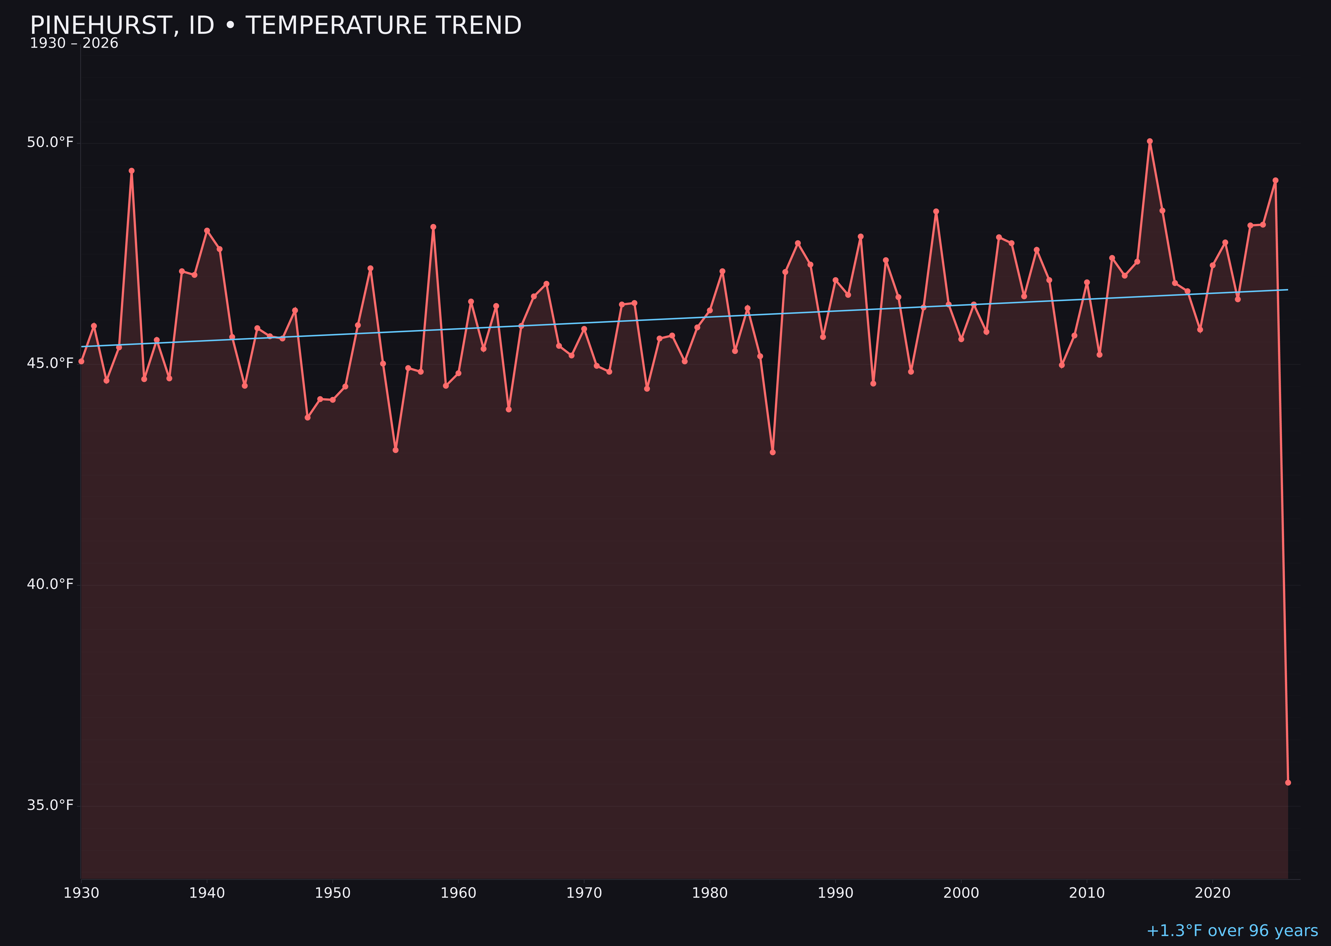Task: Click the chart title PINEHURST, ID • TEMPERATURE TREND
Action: coord(276,26)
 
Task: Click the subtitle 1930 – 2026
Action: coord(74,44)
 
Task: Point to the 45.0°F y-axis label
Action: coord(50,364)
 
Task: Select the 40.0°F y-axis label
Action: coord(50,584)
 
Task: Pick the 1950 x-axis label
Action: coord(333,893)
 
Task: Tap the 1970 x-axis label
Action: coord(584,893)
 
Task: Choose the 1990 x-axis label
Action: coord(836,893)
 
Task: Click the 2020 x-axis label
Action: coord(1213,893)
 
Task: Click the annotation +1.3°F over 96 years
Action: coord(1232,931)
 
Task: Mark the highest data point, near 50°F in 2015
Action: coord(1150,141)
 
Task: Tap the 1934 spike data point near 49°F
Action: coord(132,171)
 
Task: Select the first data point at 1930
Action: coord(82,361)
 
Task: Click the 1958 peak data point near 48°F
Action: coord(433,227)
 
